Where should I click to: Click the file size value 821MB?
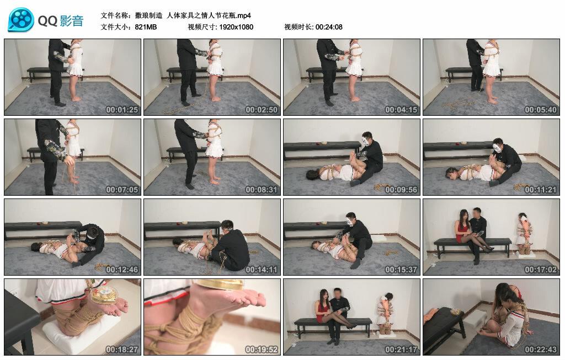coord(146,27)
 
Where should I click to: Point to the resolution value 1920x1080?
coord(236,27)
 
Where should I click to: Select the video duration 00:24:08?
coord(329,27)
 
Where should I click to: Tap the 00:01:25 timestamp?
coord(123,110)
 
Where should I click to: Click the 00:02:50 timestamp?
coord(263,110)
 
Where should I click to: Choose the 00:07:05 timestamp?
coord(123,190)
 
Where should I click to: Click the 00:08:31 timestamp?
coord(263,190)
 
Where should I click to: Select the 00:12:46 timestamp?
coord(123,270)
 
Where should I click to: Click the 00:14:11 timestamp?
coord(263,270)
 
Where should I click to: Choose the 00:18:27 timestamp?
coord(123,350)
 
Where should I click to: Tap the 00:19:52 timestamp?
coord(263,350)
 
